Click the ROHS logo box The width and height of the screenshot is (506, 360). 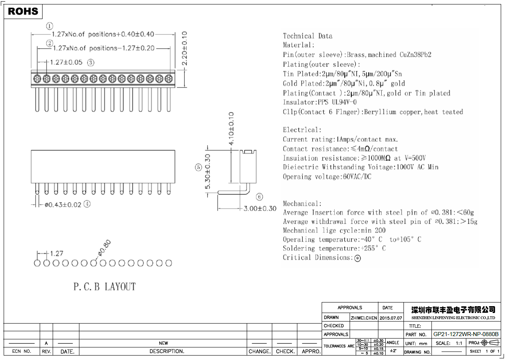point(23,11)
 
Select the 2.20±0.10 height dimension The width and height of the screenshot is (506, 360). point(184,49)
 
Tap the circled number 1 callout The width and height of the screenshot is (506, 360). point(49,26)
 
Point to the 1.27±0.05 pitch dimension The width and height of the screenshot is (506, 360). point(66,62)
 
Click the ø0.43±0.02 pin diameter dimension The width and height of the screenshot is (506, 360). point(63,204)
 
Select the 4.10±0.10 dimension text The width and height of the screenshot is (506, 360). point(231,129)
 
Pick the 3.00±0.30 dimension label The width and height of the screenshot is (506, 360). point(260,209)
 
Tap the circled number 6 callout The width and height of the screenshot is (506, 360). point(260,197)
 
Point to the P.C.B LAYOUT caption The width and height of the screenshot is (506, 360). point(105,287)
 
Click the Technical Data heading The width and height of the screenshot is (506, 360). point(307,36)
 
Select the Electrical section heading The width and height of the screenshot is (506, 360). point(302,130)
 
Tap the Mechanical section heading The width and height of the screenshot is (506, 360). point(302,204)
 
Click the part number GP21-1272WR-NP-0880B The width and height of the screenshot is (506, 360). point(466,334)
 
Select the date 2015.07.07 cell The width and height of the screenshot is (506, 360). point(391,318)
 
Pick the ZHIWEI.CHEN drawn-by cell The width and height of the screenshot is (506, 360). point(363,318)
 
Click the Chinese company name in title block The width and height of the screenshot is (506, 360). point(453,310)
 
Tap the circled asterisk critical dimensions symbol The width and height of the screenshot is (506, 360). point(357,258)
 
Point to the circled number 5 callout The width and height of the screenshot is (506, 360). point(198,167)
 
